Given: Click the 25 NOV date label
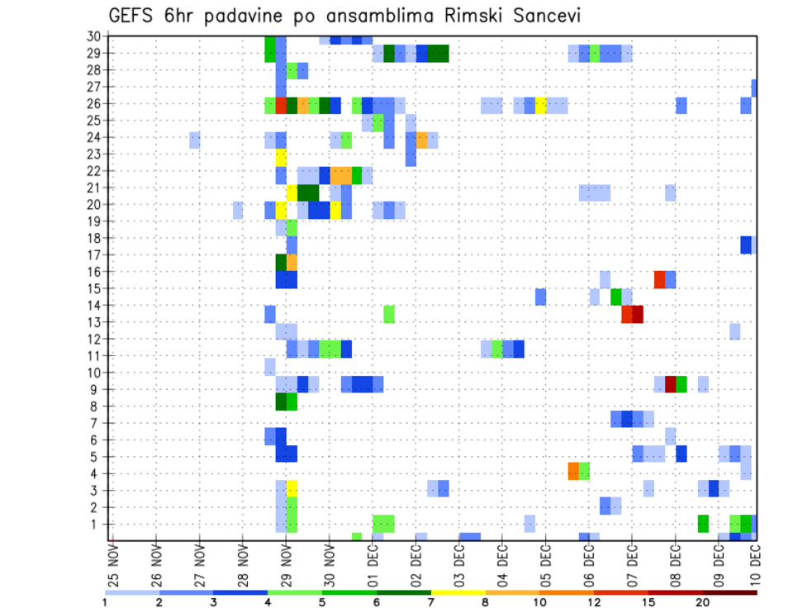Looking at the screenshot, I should click(114, 564).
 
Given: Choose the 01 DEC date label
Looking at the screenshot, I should click(373, 564).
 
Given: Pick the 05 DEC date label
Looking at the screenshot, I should click(545, 564).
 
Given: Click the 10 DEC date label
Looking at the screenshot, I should click(755, 564).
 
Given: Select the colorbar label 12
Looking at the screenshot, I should click(594, 601).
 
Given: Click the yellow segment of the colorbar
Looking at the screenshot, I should click(458, 592).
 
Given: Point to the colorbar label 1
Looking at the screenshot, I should click(105, 601).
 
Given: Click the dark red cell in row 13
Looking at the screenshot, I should click(638, 314).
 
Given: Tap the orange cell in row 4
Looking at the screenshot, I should click(573, 471).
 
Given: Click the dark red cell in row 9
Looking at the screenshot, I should click(670, 384).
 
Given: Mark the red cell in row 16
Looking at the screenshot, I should click(659, 279).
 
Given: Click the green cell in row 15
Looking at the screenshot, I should click(616, 296).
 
